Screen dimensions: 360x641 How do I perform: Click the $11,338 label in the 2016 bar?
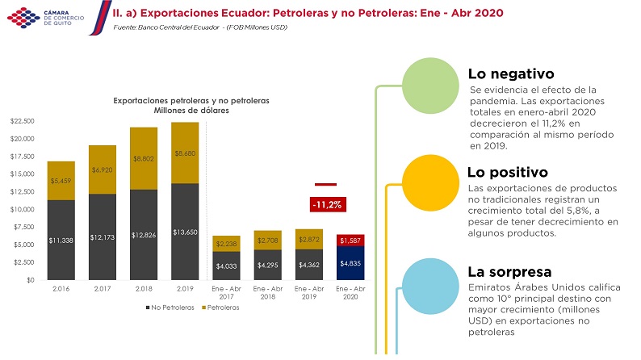coord(61,240)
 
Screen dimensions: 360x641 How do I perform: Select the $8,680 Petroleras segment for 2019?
coord(185,153)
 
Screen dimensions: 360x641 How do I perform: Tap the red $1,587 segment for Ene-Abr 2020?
coord(350,240)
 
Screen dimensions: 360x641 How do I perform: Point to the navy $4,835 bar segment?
coord(350,263)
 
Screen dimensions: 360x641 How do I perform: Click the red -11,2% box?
coord(326,205)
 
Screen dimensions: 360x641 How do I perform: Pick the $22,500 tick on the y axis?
coord(22,121)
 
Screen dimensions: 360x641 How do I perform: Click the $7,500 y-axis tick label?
coord(23,227)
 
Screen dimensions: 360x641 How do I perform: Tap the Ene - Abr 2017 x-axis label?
coord(226,291)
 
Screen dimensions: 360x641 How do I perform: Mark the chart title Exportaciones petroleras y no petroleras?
coord(191,100)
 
